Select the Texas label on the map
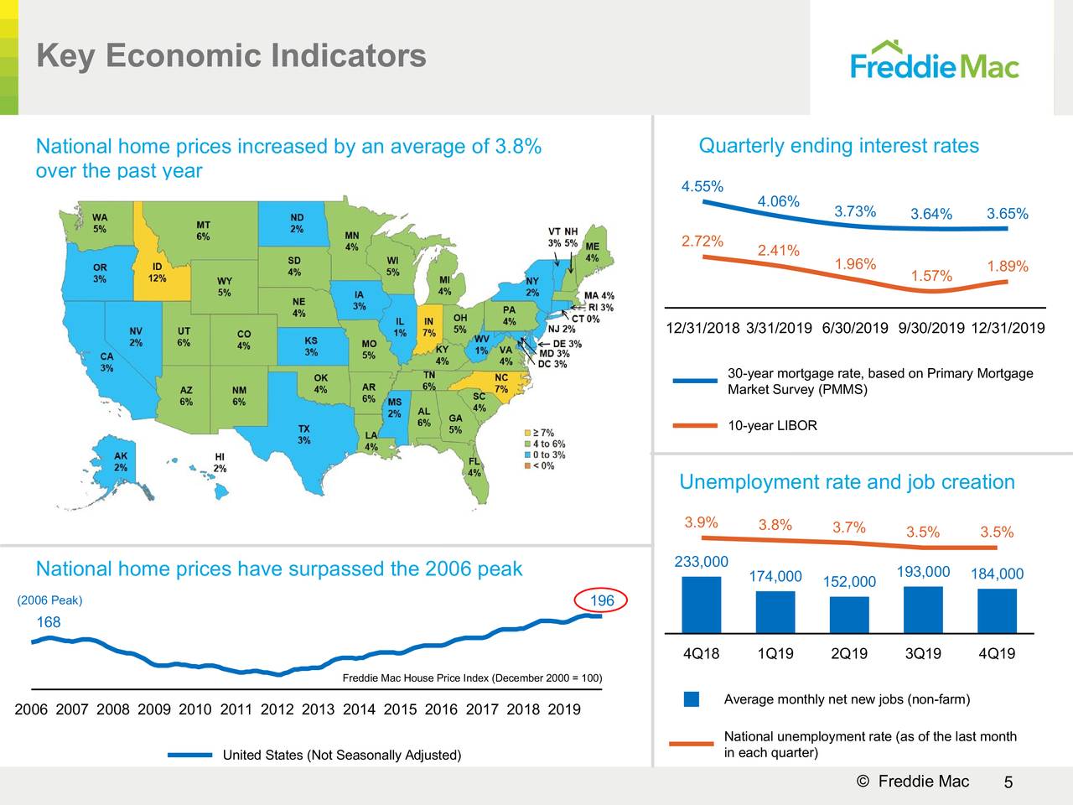tap(303, 434)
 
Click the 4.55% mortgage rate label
tap(702, 186)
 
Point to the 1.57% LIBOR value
tap(930, 276)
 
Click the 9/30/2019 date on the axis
tap(930, 328)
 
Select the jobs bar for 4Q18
tap(701, 604)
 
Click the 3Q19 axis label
tap(923, 654)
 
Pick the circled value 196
tap(602, 600)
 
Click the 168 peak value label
tap(49, 622)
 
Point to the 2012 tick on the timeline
tap(277, 709)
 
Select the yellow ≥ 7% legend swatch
tap(527, 434)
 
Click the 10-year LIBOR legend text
tap(772, 426)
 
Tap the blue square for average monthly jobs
tap(692, 699)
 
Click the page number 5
tap(1008, 783)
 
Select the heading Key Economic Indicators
tap(231, 56)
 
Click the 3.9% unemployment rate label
tap(701, 523)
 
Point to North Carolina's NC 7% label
tap(501, 383)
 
